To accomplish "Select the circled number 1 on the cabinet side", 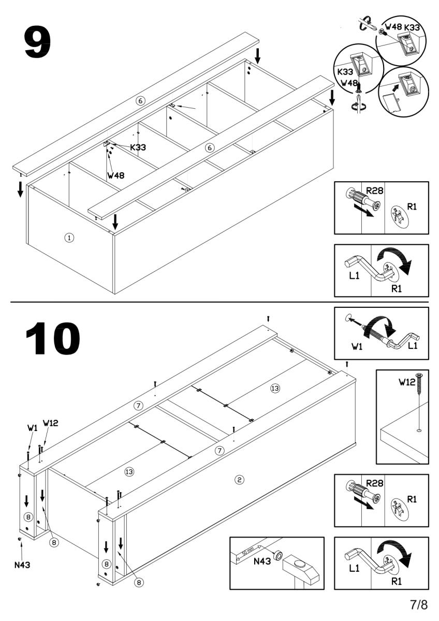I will tap(69, 238).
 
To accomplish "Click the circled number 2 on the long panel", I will tap(239, 480).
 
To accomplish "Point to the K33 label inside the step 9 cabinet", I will tap(138, 147).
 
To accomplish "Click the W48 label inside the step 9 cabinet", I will tap(116, 175).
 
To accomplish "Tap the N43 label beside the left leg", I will tap(22, 565).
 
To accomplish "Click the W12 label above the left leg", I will tap(50, 422).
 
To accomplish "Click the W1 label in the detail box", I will tap(355, 346).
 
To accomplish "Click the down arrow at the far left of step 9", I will tap(20, 189).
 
